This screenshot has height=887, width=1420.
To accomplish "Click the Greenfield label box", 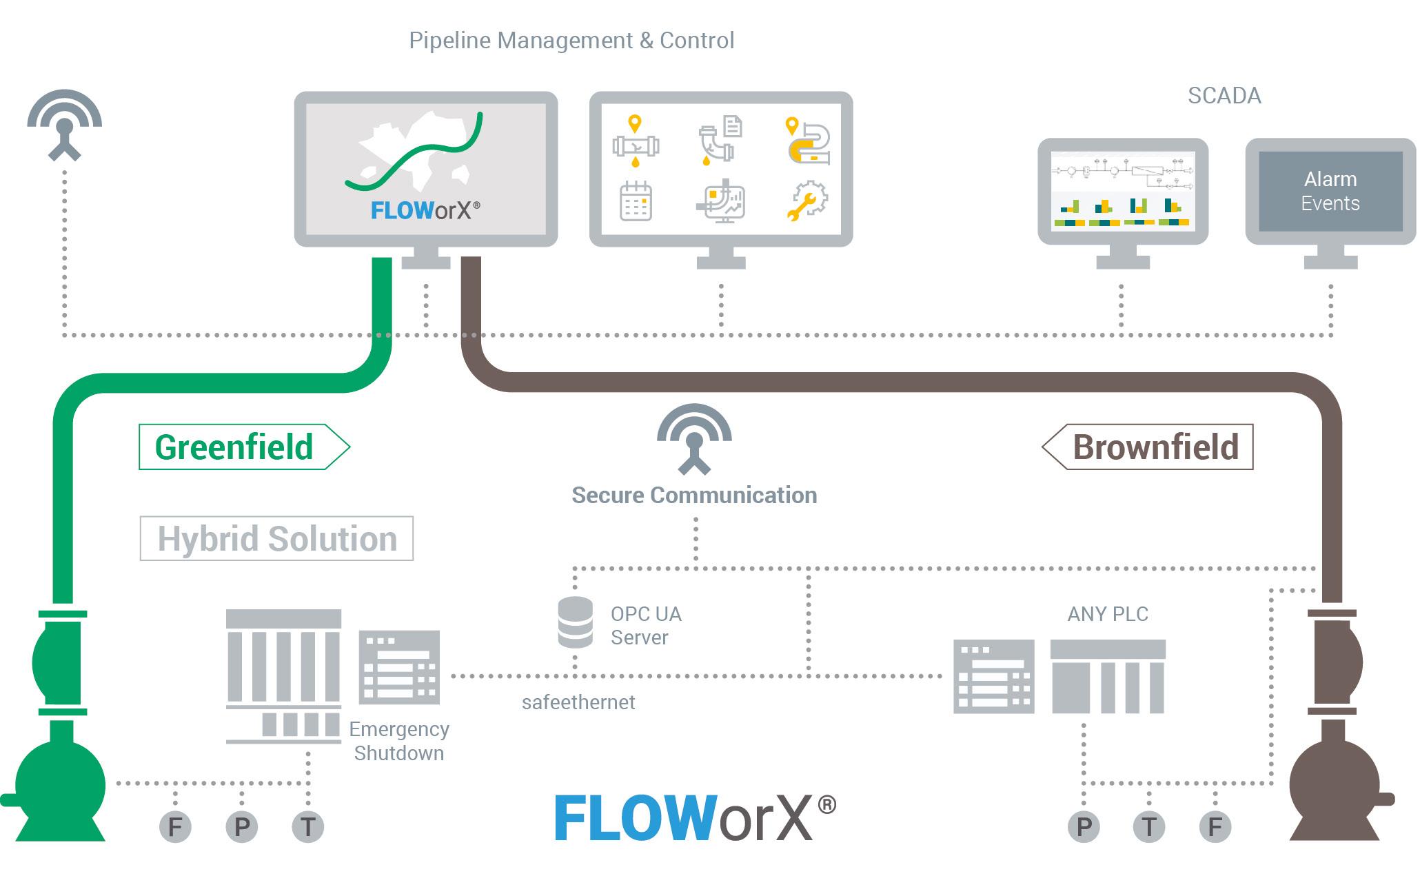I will [x=234, y=447].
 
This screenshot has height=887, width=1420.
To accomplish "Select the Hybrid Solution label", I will [x=276, y=538].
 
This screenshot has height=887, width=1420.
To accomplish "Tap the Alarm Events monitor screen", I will [x=1330, y=192].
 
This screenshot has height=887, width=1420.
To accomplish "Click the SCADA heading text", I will [x=1224, y=96].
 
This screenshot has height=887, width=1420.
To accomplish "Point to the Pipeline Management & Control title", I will [x=571, y=41].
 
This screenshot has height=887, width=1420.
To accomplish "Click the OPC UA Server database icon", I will [x=575, y=622].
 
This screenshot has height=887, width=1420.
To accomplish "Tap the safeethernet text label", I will [x=578, y=702].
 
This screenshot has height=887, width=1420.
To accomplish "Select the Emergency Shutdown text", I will [x=398, y=741].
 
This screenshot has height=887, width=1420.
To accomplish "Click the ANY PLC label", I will [x=1108, y=614].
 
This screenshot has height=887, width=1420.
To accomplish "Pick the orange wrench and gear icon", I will [x=807, y=201].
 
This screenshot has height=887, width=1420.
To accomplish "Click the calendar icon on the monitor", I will [x=636, y=201].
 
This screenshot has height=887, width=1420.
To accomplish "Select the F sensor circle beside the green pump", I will [x=175, y=826].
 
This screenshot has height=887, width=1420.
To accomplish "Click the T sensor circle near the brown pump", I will [x=1149, y=826].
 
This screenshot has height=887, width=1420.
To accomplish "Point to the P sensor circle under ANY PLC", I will [x=1084, y=826].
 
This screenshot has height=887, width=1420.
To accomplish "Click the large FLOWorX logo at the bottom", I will [x=695, y=818].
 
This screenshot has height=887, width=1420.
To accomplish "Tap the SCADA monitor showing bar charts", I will [x=1123, y=192].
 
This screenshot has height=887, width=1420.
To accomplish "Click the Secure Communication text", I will [x=694, y=496].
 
